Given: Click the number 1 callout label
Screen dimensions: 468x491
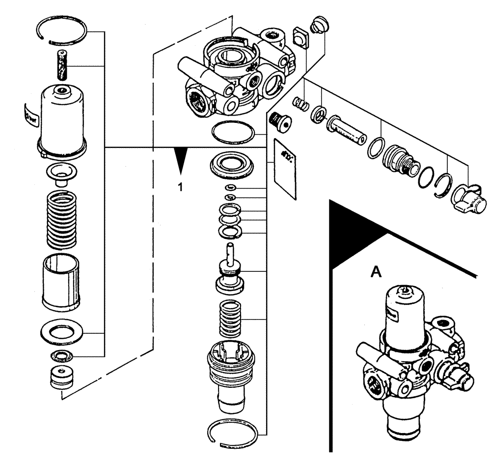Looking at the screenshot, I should coord(181,187).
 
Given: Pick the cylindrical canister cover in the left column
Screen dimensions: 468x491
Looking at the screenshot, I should coord(62,120).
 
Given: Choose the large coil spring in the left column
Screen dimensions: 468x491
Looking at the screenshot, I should coord(62,219).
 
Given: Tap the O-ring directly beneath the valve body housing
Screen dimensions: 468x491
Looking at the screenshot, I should coord(233,132).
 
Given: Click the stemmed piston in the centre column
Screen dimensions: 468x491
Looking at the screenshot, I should coord(230,270).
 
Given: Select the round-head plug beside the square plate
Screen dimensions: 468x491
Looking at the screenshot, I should coord(319,25).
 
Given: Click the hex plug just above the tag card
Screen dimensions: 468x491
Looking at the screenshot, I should coord(280,120).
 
